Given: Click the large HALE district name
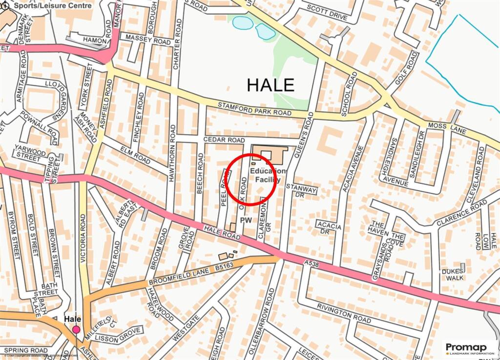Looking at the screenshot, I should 271,85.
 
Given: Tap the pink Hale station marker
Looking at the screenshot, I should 76,330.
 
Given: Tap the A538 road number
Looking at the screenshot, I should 311,263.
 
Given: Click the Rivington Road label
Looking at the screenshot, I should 344,313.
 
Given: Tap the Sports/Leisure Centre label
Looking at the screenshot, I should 53,6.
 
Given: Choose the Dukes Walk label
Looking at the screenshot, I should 452,275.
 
